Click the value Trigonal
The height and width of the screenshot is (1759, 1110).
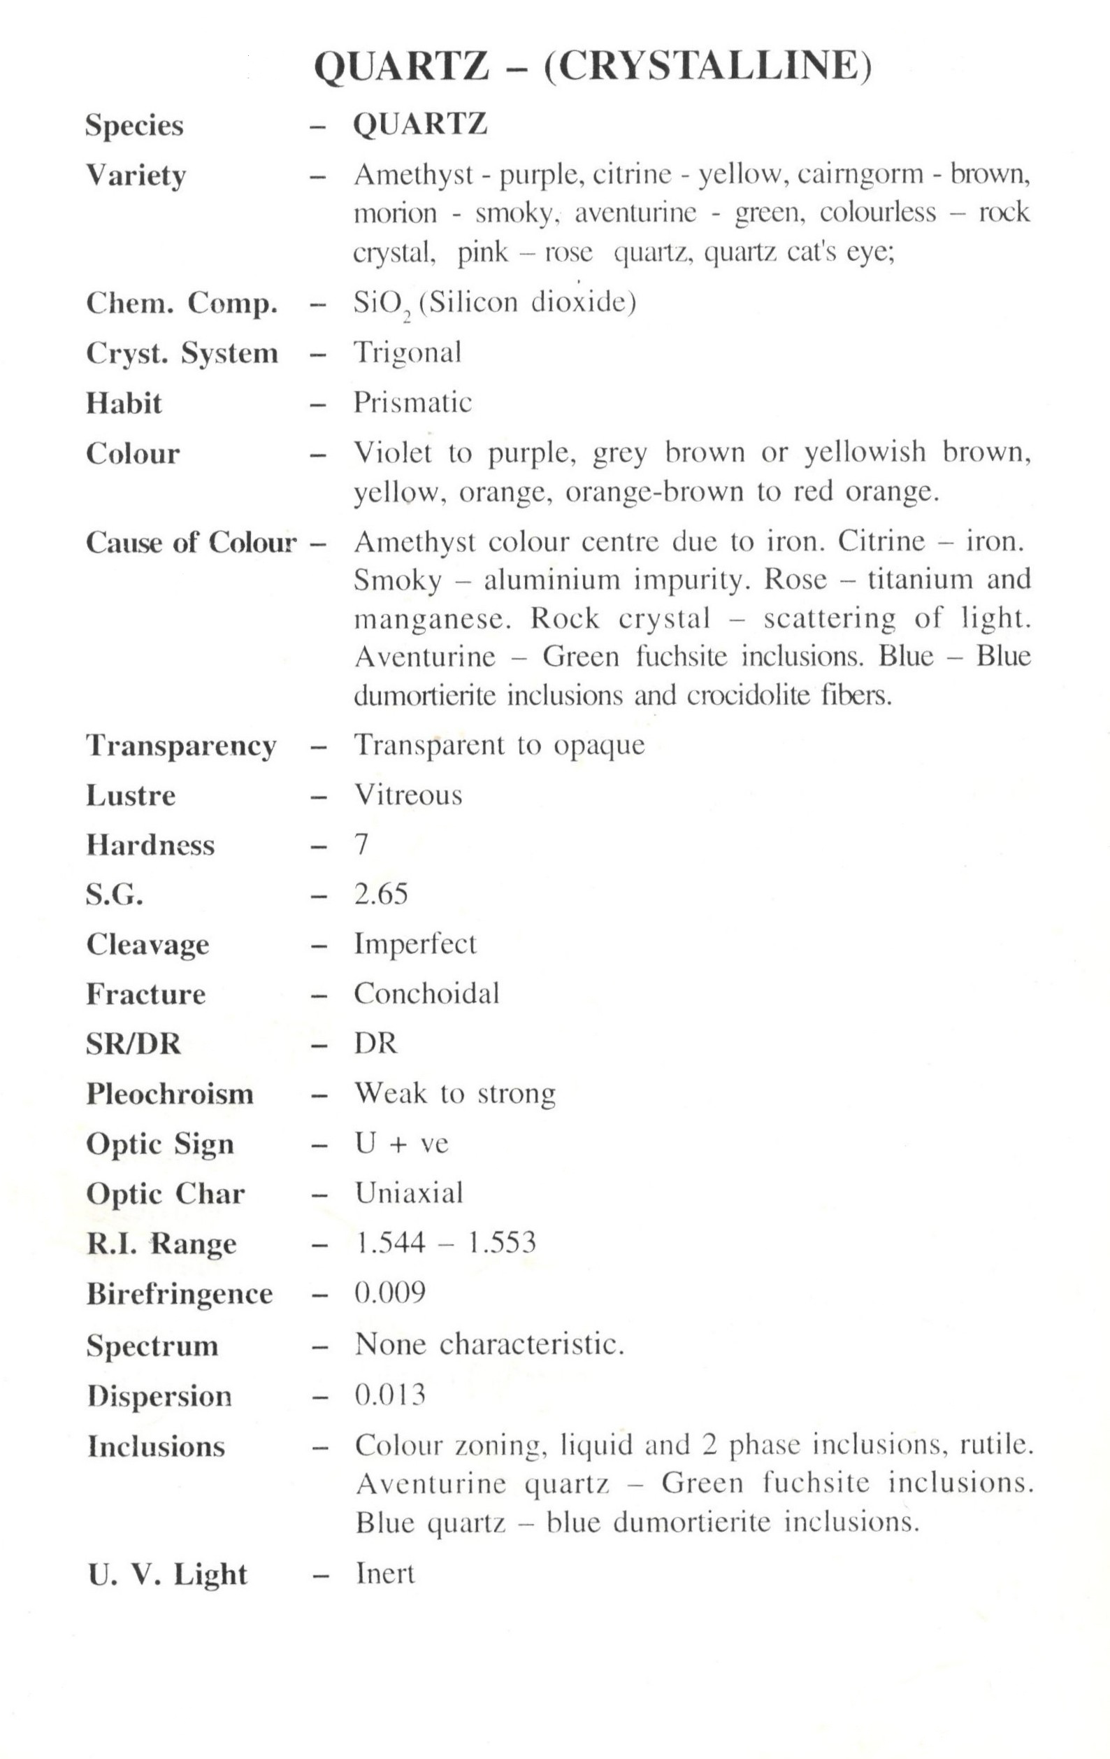(x=408, y=352)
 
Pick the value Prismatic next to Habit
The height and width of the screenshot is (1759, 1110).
(x=412, y=402)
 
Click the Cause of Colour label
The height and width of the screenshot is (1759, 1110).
(x=192, y=542)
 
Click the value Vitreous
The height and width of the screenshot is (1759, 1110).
(x=408, y=795)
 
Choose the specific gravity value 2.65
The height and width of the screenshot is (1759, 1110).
(x=380, y=894)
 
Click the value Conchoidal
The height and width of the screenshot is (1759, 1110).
(x=426, y=993)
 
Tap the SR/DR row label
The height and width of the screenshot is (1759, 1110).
(x=133, y=1043)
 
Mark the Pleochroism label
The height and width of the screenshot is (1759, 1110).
(x=169, y=1094)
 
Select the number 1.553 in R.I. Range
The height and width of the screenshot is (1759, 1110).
(x=501, y=1243)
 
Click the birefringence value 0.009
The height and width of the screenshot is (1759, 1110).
(x=390, y=1293)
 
